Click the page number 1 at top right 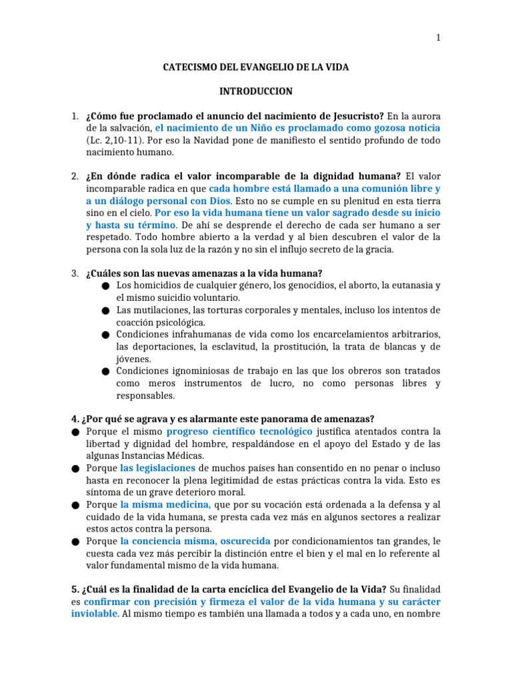click(x=439, y=38)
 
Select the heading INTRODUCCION click(x=256, y=91)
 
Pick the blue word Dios click(x=219, y=200)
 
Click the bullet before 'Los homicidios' click(x=106, y=286)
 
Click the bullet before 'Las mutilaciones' click(x=106, y=311)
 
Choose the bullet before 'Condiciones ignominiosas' click(x=106, y=371)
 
